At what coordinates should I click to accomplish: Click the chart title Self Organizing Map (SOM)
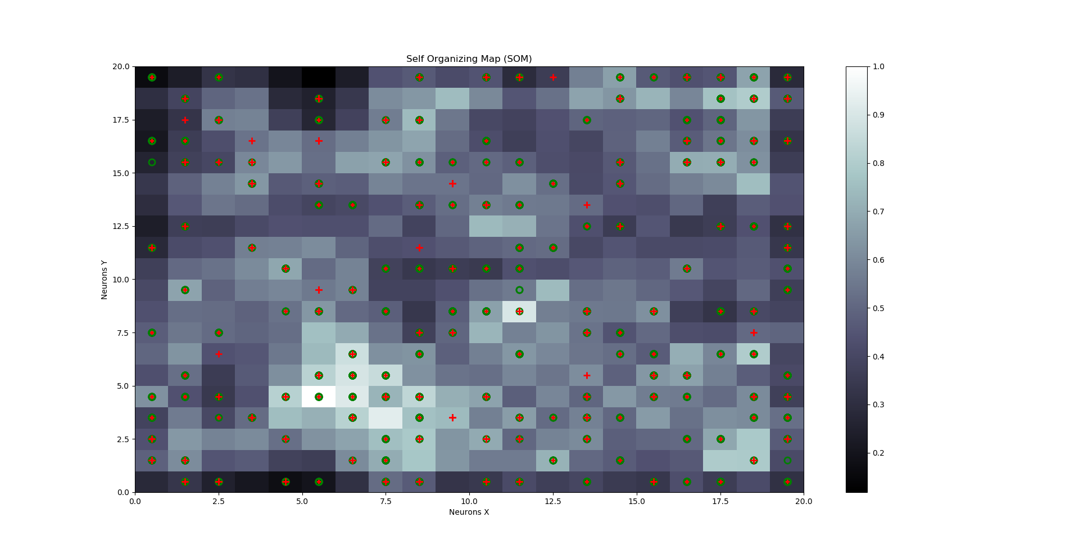pyautogui.click(x=469, y=59)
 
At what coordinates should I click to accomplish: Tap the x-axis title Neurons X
pyautogui.click(x=469, y=512)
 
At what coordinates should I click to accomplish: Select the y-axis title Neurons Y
pyautogui.click(x=105, y=280)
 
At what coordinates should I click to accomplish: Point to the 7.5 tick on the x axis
pyautogui.click(x=386, y=501)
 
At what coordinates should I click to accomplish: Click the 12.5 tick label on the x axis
pyautogui.click(x=552, y=501)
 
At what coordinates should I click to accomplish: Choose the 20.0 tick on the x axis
pyautogui.click(x=803, y=501)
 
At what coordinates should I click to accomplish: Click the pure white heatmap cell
pyautogui.click(x=319, y=397)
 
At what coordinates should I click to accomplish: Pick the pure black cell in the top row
pyautogui.click(x=319, y=77)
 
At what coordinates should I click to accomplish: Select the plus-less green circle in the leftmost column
pyautogui.click(x=152, y=163)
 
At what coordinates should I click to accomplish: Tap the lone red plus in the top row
pyautogui.click(x=553, y=77)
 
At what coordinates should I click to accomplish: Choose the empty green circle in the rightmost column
pyautogui.click(x=787, y=461)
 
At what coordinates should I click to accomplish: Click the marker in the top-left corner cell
pyautogui.click(x=152, y=77)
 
